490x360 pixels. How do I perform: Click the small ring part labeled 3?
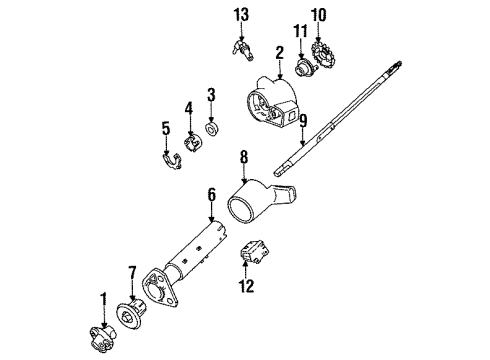tap(212, 129)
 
